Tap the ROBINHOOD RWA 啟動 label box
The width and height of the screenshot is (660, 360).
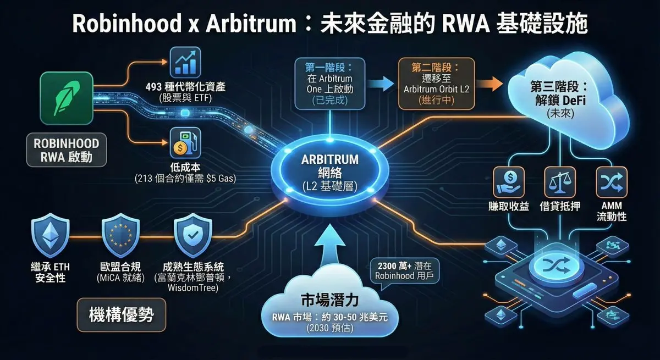pos(67,150)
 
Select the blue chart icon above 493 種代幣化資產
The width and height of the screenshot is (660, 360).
pos(185,61)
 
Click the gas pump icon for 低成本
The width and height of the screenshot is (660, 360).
pos(185,142)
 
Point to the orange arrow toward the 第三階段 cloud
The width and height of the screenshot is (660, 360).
pos(489,84)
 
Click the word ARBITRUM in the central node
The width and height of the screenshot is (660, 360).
pos(330,159)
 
